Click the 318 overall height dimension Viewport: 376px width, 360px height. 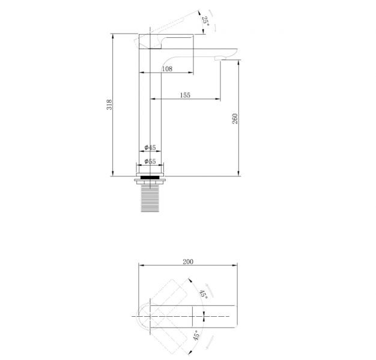click(109, 104)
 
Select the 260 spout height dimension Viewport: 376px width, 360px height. click(235, 119)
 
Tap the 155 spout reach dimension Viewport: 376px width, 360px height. click(185, 95)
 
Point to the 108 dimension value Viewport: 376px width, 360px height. click(167, 69)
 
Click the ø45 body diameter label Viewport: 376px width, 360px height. click(150, 148)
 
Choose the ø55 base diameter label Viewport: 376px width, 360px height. click(150, 161)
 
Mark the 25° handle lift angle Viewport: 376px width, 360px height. click(205, 21)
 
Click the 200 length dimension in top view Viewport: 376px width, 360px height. click(188, 262)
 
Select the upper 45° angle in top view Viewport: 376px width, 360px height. click(204, 294)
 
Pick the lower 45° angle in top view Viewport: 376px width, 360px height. click(196, 335)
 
